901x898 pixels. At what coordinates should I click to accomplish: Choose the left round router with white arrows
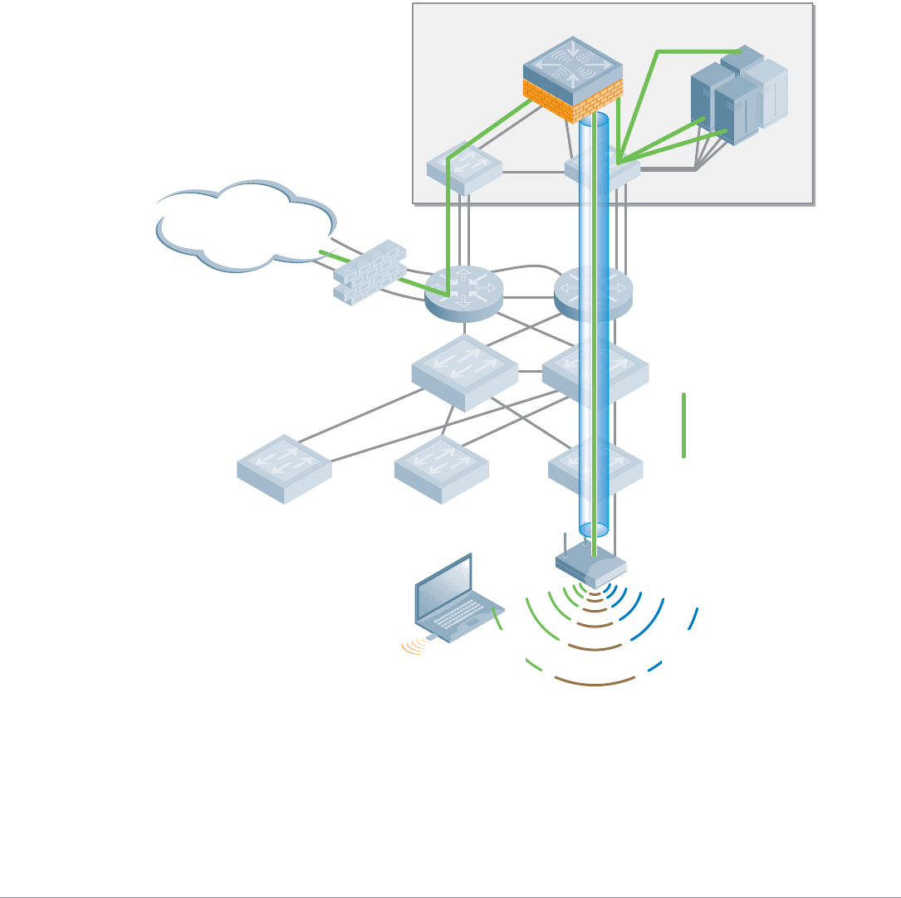(464, 292)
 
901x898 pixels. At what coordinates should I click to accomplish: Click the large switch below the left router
(464, 372)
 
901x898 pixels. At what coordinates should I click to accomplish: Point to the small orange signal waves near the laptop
(414, 647)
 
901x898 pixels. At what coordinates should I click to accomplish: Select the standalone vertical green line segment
(684, 425)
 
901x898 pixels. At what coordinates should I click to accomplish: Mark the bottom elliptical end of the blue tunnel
(593, 530)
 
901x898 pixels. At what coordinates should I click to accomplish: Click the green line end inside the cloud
(321, 251)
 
